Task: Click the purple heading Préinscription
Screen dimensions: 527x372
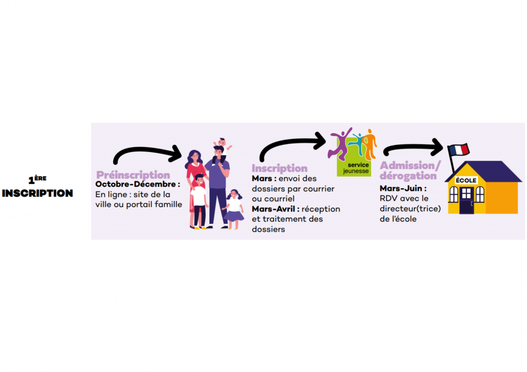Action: point(133,175)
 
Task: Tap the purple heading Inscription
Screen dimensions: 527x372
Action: point(279,168)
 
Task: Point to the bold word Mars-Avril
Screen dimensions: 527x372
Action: point(273,209)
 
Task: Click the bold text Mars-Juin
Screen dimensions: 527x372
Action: point(400,188)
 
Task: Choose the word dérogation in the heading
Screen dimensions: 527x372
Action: point(408,176)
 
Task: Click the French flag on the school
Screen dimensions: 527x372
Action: point(460,150)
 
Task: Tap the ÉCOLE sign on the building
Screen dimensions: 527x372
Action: point(466,180)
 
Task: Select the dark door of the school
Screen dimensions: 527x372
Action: point(466,200)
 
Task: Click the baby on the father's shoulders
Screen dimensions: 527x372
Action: point(222,145)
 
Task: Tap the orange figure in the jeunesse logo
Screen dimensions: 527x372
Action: point(370,144)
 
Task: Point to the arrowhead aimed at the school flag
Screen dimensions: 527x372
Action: point(437,147)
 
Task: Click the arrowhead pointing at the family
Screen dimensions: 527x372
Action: point(177,154)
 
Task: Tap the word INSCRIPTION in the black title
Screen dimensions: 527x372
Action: point(37,193)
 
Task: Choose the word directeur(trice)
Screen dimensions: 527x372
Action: point(410,209)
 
